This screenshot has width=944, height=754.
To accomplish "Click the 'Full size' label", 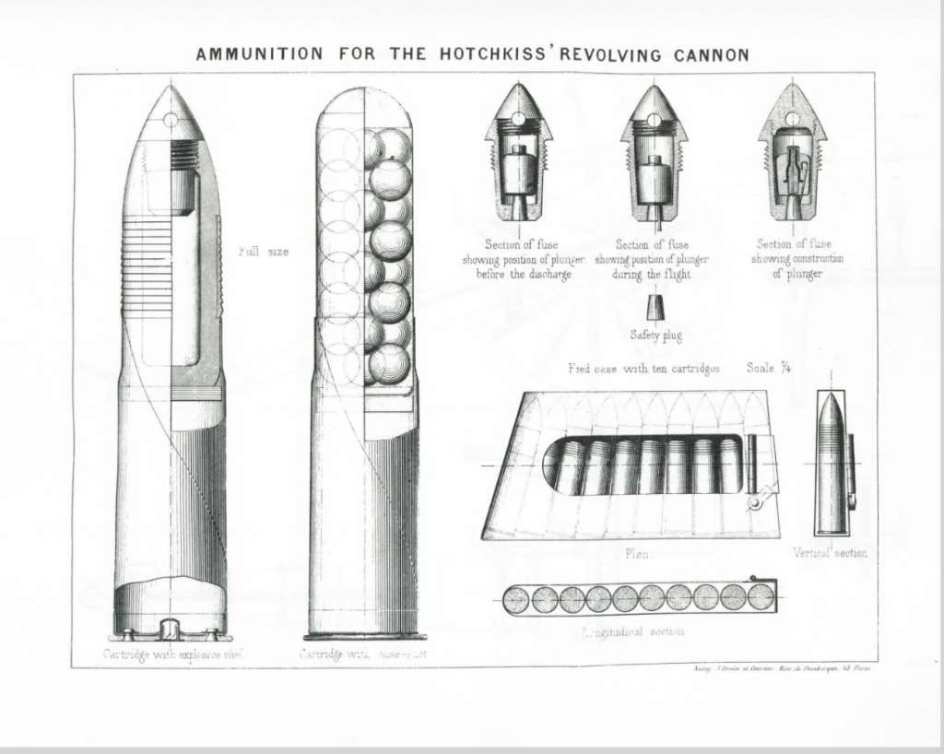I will (264, 251).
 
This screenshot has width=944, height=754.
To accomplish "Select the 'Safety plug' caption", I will (655, 335).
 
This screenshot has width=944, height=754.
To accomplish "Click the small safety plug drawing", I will (655, 307).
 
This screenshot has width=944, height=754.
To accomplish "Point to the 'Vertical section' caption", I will (830, 552).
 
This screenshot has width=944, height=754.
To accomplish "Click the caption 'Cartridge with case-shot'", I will (363, 654).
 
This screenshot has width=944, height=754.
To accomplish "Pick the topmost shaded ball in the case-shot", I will (392, 146).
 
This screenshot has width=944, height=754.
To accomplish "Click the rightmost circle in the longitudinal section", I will (761, 597).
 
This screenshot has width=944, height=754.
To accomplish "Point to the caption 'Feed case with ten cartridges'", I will (643, 368).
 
